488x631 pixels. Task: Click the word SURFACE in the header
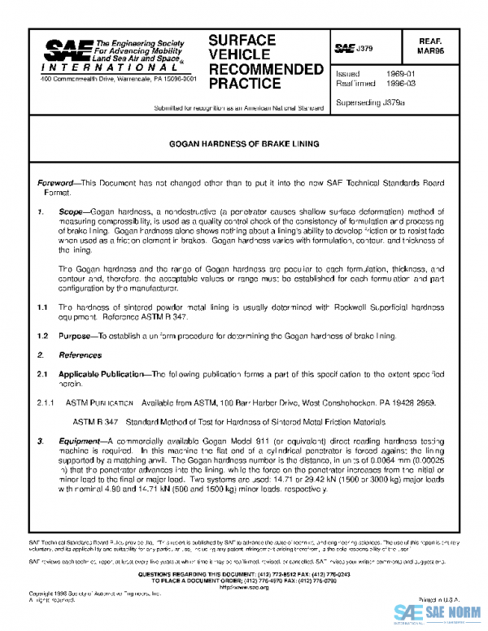(242, 40)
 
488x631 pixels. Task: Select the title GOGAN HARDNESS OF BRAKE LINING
(244, 144)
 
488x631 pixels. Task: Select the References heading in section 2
(80, 355)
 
